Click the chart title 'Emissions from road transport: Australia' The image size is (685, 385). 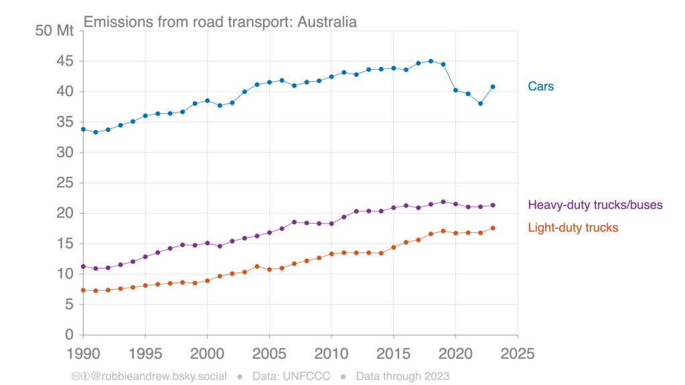220,21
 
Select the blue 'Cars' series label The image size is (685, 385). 540,86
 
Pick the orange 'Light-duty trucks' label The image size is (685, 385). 573,228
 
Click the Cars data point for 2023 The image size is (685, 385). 493,86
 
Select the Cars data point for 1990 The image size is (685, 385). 83,129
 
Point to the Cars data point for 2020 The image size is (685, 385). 455,90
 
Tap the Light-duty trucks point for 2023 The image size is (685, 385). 493,228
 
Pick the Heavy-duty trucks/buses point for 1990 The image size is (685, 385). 83,266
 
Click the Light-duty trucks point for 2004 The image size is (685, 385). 257,266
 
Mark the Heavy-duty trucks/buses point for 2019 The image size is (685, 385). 443,202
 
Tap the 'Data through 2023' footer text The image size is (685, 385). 402,376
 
